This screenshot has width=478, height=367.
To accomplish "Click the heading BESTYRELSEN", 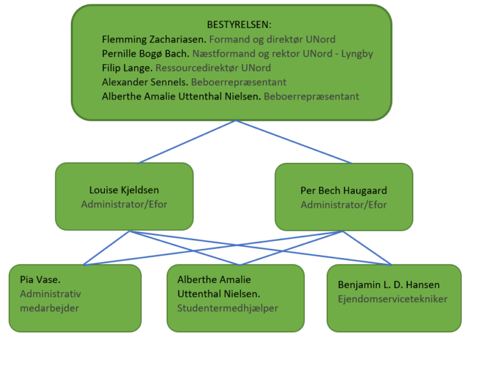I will tap(239, 25).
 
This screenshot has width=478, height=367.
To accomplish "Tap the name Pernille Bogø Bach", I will tap(146, 53).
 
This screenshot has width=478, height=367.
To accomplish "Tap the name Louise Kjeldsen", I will tap(124, 190).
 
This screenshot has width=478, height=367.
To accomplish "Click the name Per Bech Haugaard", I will tap(344, 190).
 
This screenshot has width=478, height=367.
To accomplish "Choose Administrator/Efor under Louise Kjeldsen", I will tap(124, 204).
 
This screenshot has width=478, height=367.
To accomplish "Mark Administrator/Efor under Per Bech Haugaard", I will tap(344, 204).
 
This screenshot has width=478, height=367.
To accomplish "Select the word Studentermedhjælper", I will tap(227, 308).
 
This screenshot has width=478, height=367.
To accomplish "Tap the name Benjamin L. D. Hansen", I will tap(388, 285).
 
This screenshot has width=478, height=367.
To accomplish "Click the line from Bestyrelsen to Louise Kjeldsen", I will tap(187, 142).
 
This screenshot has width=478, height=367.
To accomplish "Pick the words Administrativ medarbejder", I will tap(50, 301).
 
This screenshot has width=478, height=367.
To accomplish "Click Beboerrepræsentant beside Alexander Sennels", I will tap(238, 82).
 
